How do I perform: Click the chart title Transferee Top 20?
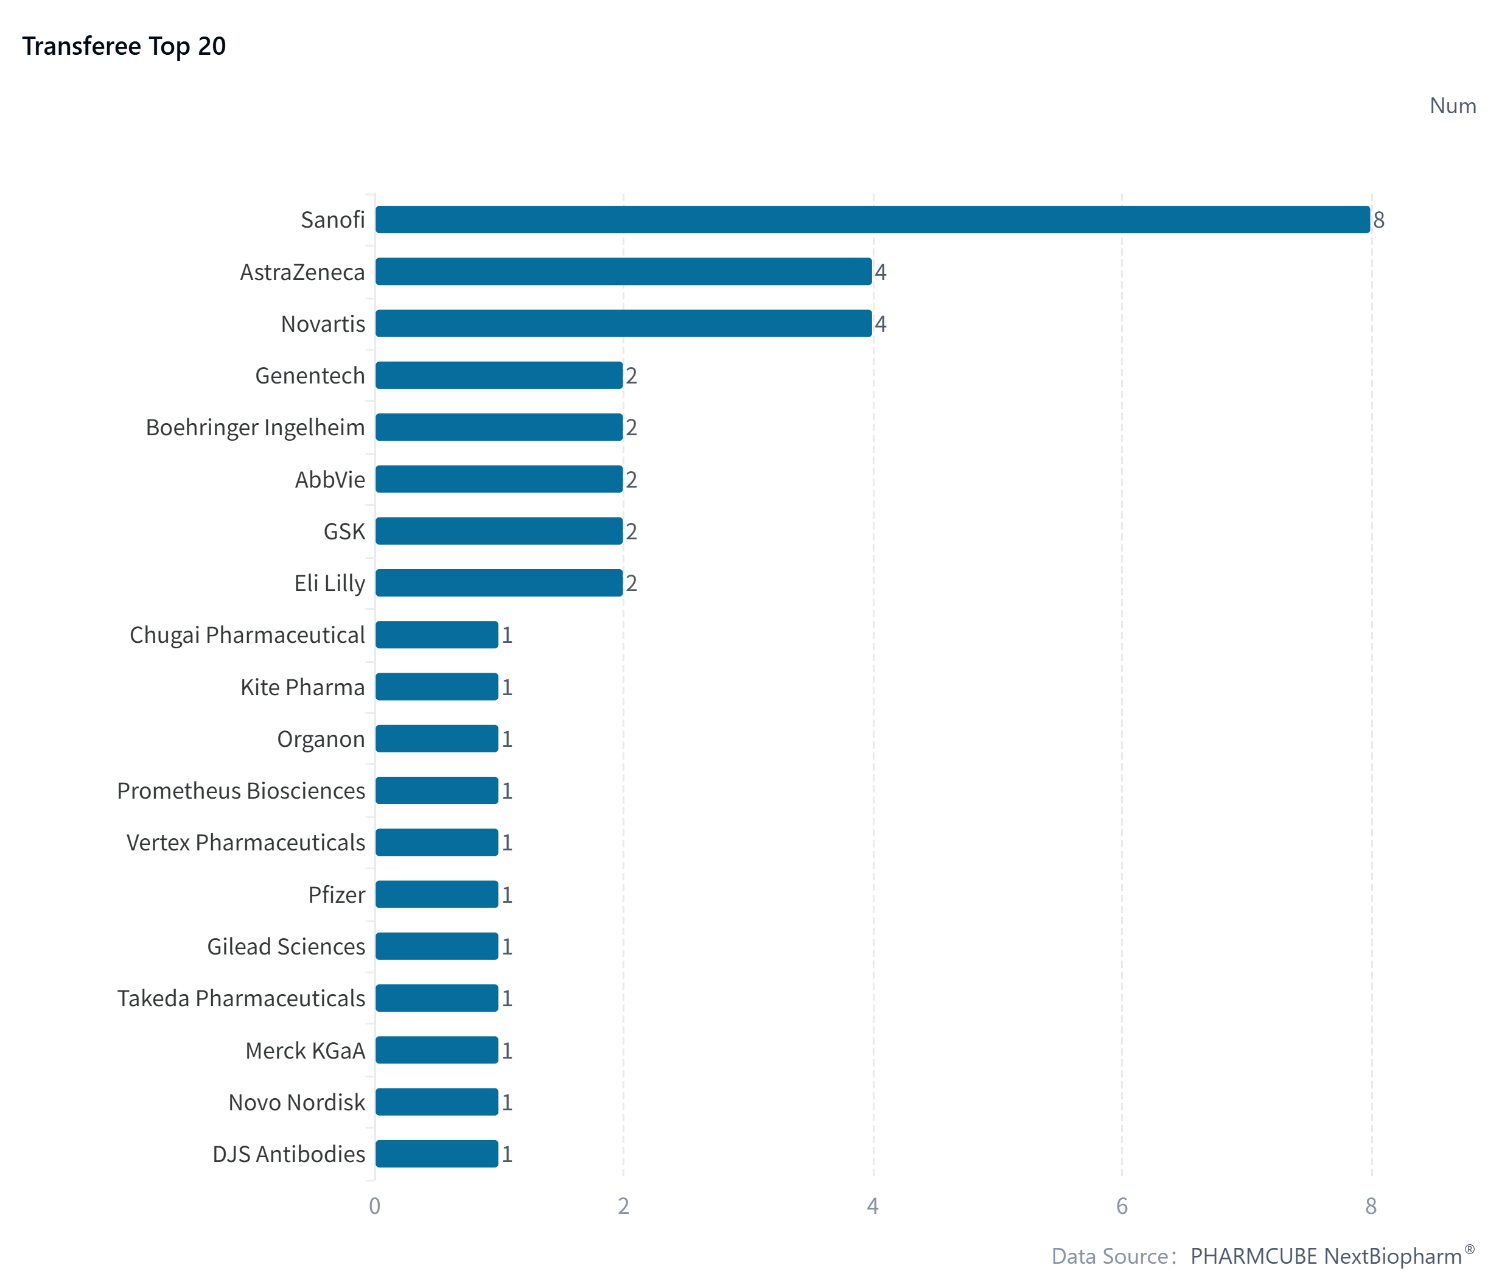124,46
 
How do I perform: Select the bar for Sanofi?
872,219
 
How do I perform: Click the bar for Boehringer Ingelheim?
498,427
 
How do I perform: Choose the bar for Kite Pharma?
436,687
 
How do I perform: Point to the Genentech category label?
310,376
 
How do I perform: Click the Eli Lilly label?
329,583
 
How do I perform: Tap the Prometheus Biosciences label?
241,791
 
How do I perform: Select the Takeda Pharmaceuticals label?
241,998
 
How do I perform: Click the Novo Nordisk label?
296,1102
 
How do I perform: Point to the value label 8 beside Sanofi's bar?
1379,220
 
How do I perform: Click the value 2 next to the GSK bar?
632,532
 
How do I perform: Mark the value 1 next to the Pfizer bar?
507,895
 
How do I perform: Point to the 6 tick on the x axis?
1121,1206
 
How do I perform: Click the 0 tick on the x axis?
374,1206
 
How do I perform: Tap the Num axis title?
1452,107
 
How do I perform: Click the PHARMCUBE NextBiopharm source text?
1326,1256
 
